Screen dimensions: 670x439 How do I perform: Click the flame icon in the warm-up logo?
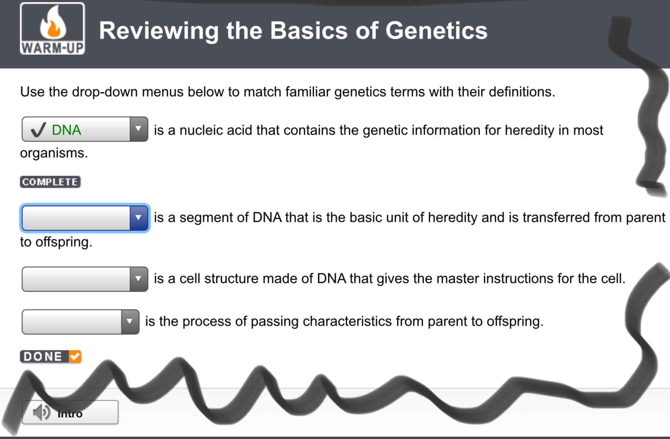pos(53,23)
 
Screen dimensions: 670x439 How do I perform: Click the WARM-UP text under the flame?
pos(52,48)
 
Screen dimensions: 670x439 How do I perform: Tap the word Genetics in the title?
pos(436,31)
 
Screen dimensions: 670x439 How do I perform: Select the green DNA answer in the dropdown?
pos(66,130)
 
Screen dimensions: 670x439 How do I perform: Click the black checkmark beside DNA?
pos(38,130)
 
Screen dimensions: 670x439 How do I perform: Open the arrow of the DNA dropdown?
pos(138,129)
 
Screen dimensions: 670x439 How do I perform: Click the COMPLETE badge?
pos(50,182)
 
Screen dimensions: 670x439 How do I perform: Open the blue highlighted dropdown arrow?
pos(138,218)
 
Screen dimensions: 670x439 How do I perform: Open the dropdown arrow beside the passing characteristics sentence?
pos(130,322)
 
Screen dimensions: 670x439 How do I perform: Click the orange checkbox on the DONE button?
pos(75,357)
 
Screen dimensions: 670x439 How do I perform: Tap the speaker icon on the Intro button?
pos(42,412)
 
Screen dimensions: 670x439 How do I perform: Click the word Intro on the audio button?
pos(70,414)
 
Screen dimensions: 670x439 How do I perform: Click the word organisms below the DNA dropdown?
pos(54,153)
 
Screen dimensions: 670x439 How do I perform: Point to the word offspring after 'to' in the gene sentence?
pos(64,242)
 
